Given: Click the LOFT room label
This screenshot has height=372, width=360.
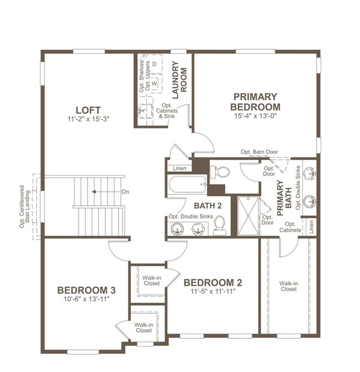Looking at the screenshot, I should coord(88,110).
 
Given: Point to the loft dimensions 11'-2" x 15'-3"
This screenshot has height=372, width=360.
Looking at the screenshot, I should coord(88,119).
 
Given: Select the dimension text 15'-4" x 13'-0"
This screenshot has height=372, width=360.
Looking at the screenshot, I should coord(255,116).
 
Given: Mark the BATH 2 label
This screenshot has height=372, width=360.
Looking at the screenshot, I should coord(193,206).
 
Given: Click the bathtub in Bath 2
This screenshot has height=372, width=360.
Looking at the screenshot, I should coord(188,184).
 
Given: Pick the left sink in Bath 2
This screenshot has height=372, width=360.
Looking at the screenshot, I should coord(178,227).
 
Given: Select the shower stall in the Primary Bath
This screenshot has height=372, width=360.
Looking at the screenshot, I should coord(248,216).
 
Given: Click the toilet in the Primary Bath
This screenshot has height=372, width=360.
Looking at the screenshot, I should coord(222,172).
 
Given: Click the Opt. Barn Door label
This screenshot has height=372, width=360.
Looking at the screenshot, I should coord(259,151).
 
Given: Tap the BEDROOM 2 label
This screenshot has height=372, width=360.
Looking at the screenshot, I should coord(213,283).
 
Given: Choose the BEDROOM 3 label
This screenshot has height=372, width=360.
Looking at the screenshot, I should coord(86,290).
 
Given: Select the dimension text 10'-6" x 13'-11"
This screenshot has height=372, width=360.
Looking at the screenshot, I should coord(86,299).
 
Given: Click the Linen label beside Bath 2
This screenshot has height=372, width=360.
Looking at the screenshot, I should coord(179,168).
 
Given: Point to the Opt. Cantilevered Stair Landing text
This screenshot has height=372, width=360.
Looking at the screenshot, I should coord(22,206).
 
